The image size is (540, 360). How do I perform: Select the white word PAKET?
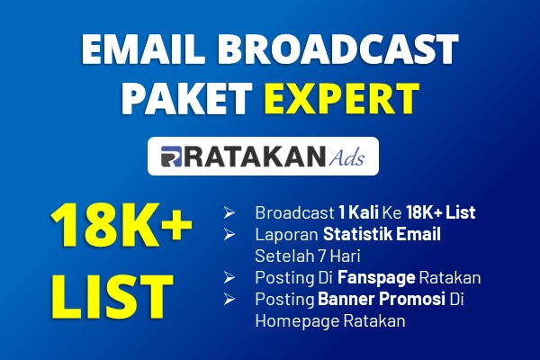[x=186, y=98]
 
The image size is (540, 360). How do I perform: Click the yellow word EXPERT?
[x=342, y=98]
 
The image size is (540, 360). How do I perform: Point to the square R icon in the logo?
[x=171, y=157]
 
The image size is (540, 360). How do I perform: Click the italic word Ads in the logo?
[x=346, y=157]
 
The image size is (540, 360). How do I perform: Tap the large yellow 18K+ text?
[x=121, y=225]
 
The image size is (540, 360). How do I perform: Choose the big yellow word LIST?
[x=112, y=296]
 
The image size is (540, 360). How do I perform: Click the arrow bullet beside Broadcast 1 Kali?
[x=229, y=212]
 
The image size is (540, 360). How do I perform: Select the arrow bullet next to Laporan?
[x=229, y=234]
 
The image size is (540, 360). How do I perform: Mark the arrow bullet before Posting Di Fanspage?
[x=229, y=277]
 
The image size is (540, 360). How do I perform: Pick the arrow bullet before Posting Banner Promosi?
[x=229, y=299]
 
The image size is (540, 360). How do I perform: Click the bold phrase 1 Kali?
[x=358, y=212]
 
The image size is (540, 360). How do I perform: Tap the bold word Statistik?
[x=357, y=234]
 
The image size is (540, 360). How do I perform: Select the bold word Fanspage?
[x=376, y=278]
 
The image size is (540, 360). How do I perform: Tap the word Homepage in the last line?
[x=297, y=321]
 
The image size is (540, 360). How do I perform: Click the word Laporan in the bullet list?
[x=286, y=235]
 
